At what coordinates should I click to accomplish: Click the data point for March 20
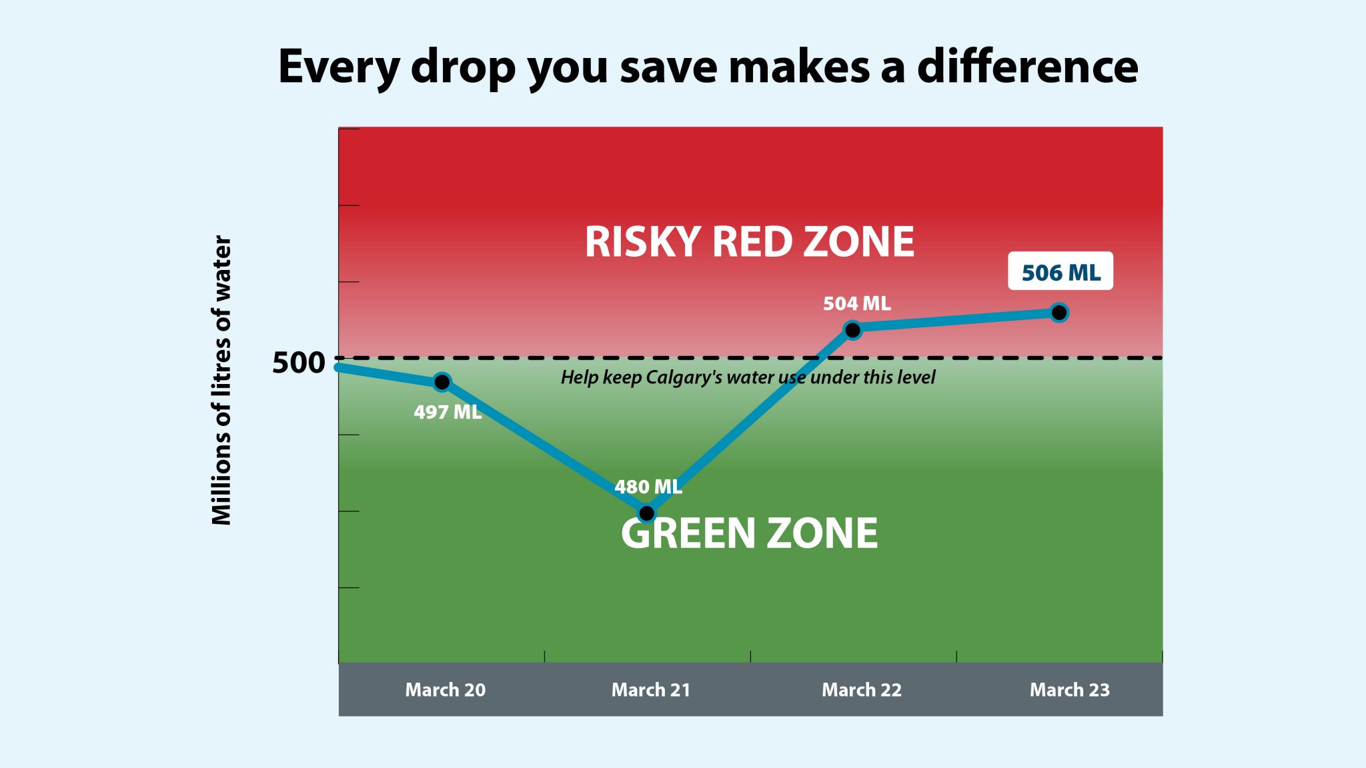pos(442,382)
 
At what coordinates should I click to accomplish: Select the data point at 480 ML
pos(646,513)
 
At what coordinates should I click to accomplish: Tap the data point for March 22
pos(852,329)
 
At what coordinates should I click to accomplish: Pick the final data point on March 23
pos(1059,312)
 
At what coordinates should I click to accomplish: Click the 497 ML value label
pos(448,412)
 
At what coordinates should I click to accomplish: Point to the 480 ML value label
pos(648,487)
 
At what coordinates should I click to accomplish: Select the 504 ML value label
pos(856,304)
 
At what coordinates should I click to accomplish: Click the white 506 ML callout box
pos(1061,271)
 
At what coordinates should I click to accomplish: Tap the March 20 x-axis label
pos(445,690)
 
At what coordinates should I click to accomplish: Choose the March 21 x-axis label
pos(651,690)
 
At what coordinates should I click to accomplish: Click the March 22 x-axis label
pos(861,690)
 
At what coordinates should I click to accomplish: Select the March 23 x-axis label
pos(1069,690)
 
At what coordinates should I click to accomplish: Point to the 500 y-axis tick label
pos(298,363)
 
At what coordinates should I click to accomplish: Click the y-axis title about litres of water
pos(221,380)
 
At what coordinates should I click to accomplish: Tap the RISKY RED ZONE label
pos(749,241)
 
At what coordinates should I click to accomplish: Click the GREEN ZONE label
pos(749,533)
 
